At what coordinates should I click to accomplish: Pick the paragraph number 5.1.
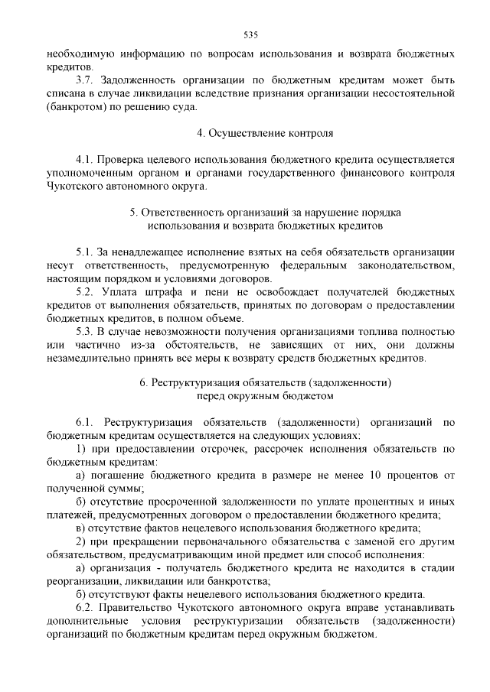[x=85, y=252]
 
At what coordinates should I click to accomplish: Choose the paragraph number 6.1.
[x=85, y=422]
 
